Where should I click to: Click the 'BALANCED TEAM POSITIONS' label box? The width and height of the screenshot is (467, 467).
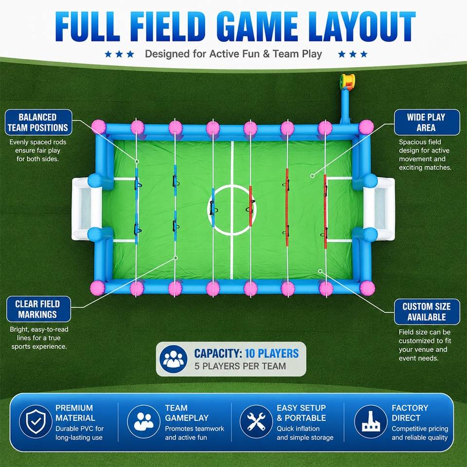[38, 123]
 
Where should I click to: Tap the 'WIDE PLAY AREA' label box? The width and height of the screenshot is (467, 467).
[427, 123]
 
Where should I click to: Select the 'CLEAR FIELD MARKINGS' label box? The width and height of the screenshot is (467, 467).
[39, 309]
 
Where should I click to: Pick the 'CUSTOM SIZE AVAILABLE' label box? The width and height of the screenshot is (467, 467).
[427, 311]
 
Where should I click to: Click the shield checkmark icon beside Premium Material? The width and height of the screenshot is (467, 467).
[36, 421]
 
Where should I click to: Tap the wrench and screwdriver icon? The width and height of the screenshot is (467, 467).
[256, 421]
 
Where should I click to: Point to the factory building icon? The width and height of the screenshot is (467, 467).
[371, 421]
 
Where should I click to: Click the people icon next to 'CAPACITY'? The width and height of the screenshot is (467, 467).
[173, 359]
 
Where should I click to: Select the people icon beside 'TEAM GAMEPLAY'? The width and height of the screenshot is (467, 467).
[144, 421]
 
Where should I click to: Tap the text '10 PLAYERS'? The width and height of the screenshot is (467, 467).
[271, 354]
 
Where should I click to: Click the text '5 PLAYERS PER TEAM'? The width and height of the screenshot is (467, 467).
[240, 366]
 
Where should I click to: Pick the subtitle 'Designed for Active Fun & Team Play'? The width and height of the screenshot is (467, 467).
[233, 54]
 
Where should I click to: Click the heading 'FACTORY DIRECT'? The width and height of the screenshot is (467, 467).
[410, 413]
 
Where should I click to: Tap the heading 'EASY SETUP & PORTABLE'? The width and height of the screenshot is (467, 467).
[302, 413]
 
